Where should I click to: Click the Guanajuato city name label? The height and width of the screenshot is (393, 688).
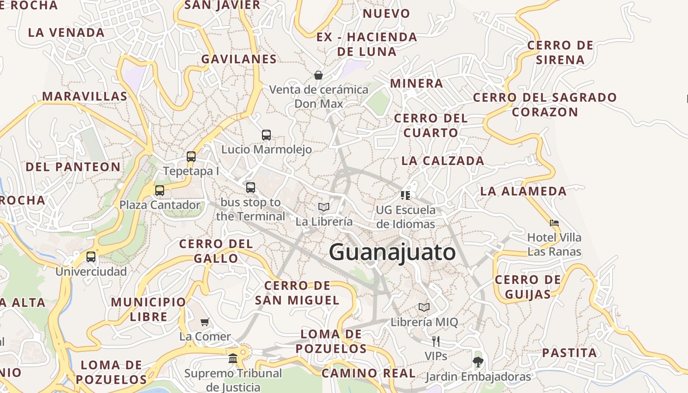pyautogui.click(x=392, y=253)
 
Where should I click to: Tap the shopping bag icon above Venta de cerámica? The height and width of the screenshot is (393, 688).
pyautogui.click(x=318, y=75)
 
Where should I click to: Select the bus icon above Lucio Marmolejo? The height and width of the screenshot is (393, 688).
pyautogui.click(x=266, y=135)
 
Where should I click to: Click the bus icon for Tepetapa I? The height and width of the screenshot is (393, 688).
pyautogui.click(x=191, y=157)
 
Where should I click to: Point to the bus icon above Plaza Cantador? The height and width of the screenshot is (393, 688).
pyautogui.click(x=160, y=190)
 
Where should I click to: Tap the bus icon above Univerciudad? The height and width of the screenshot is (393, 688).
pyautogui.click(x=91, y=256)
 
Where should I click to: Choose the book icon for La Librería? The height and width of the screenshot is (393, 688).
pyautogui.click(x=323, y=207)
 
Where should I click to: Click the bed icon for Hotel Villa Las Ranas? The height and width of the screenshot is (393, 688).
pyautogui.click(x=554, y=223)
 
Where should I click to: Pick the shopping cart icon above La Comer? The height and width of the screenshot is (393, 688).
pyautogui.click(x=205, y=322)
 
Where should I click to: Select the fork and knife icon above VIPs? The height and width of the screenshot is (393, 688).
pyautogui.click(x=435, y=341)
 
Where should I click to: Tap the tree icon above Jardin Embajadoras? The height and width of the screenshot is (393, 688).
pyautogui.click(x=478, y=362)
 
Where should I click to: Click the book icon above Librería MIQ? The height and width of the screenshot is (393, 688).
pyautogui.click(x=424, y=308)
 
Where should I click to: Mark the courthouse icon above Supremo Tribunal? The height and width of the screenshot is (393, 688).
pyautogui.click(x=233, y=358)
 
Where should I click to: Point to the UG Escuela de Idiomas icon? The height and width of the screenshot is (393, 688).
pyautogui.click(x=405, y=196)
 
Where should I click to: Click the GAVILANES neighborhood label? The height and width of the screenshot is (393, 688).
pyautogui.click(x=239, y=59)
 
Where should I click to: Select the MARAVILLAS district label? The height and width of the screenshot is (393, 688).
pyautogui.click(x=85, y=96)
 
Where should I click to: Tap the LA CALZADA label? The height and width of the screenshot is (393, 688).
pyautogui.click(x=443, y=161)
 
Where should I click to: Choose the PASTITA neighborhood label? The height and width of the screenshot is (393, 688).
pyautogui.click(x=570, y=353)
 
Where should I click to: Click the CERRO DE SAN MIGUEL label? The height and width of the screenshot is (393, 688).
pyautogui.click(x=297, y=293)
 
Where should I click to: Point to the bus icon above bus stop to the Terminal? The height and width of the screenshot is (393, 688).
pyautogui.click(x=251, y=187)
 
